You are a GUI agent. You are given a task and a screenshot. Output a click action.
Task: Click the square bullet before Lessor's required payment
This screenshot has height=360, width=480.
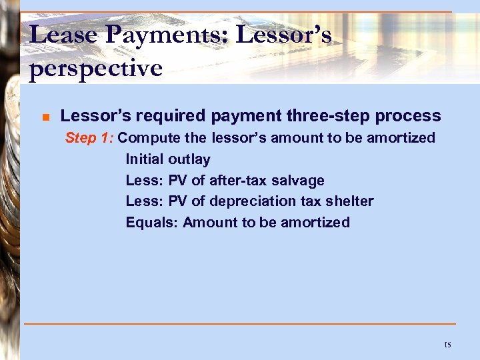[x=45, y=117]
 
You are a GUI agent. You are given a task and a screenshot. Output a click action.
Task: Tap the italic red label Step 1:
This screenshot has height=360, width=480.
[x=89, y=139]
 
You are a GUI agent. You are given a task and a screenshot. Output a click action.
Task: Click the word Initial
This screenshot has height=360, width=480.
[x=145, y=159]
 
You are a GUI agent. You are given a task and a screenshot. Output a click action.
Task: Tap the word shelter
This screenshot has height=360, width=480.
[x=351, y=201]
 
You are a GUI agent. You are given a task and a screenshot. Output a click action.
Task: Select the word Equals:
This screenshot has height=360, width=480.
[x=151, y=223]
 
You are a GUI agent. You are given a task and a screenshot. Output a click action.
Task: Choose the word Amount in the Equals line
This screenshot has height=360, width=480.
[x=210, y=223]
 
